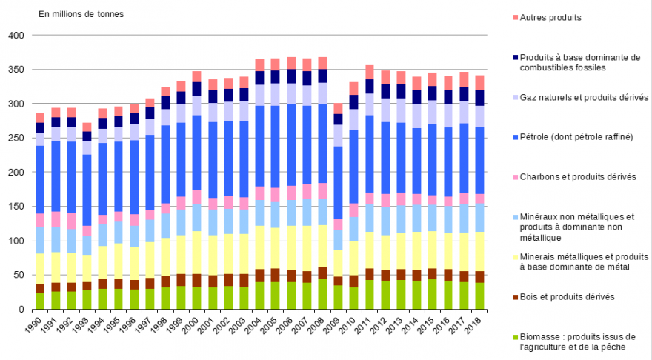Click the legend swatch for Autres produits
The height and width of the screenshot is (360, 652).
pyautogui.click(x=513, y=17)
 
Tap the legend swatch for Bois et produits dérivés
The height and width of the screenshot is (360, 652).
pyautogui.click(x=513, y=297)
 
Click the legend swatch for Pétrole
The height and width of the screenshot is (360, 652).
pyautogui.click(x=513, y=136)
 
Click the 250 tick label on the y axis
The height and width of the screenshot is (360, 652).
pyautogui.click(x=16, y=139)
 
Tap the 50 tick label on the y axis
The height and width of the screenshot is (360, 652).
pyautogui.click(x=19, y=275)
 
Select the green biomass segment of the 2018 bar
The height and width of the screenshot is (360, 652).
pyautogui.click(x=479, y=296)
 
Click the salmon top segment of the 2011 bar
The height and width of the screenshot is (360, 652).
pyautogui.click(x=370, y=72)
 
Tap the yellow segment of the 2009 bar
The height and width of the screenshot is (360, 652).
pyautogui.click(x=339, y=263)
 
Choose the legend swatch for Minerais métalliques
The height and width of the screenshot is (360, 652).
pyautogui.click(x=513, y=257)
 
